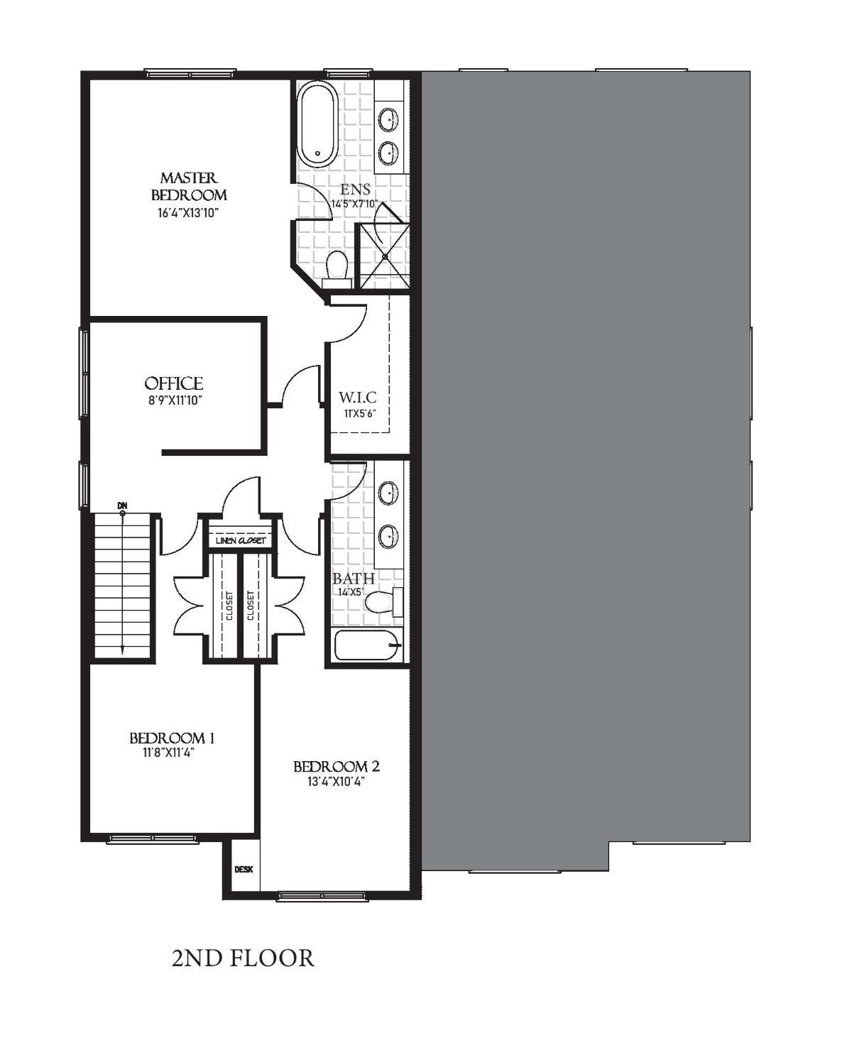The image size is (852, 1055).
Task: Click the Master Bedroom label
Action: coord(189,186)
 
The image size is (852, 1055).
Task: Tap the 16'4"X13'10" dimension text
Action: coord(188,213)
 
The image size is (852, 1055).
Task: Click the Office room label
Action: coord(173,383)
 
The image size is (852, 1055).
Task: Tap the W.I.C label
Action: coord(358,398)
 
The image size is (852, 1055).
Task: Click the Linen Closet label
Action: coord(241,540)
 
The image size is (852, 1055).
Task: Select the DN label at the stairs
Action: coord(122,505)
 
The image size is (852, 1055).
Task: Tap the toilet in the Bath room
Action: coord(384,602)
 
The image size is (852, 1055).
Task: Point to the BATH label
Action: coord(353,579)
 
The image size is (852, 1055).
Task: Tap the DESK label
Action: coord(244,869)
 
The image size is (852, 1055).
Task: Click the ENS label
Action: coord(355,190)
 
